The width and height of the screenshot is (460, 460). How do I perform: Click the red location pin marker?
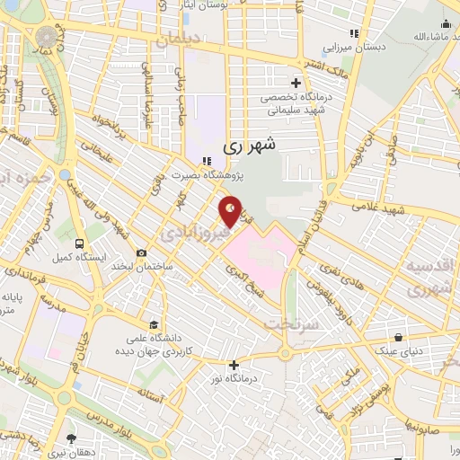(x=230, y=210)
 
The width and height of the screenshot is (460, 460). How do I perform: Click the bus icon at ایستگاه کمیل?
(x=80, y=243)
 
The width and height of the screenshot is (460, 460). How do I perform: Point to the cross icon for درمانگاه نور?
(x=234, y=365)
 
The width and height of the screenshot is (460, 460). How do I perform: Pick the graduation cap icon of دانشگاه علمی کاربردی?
(x=155, y=324)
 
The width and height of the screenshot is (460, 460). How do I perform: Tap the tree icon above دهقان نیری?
(x=71, y=438)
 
